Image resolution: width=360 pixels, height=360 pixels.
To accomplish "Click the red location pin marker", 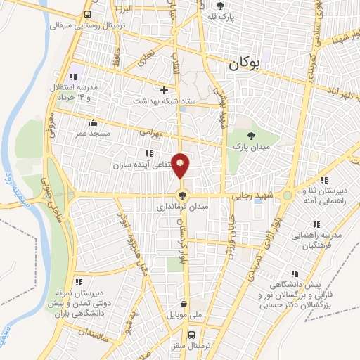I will tap(181, 165).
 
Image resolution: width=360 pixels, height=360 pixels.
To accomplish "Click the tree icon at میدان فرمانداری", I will tap(182, 195).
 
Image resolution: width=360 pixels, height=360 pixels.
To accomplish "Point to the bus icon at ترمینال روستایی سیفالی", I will tap(87, 15).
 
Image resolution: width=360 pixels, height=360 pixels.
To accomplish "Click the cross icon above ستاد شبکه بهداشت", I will tap(165, 90).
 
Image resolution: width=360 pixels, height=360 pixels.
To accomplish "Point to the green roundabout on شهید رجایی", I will tap(288, 196).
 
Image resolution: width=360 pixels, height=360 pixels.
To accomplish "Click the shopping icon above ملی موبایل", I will tap(184, 305).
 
